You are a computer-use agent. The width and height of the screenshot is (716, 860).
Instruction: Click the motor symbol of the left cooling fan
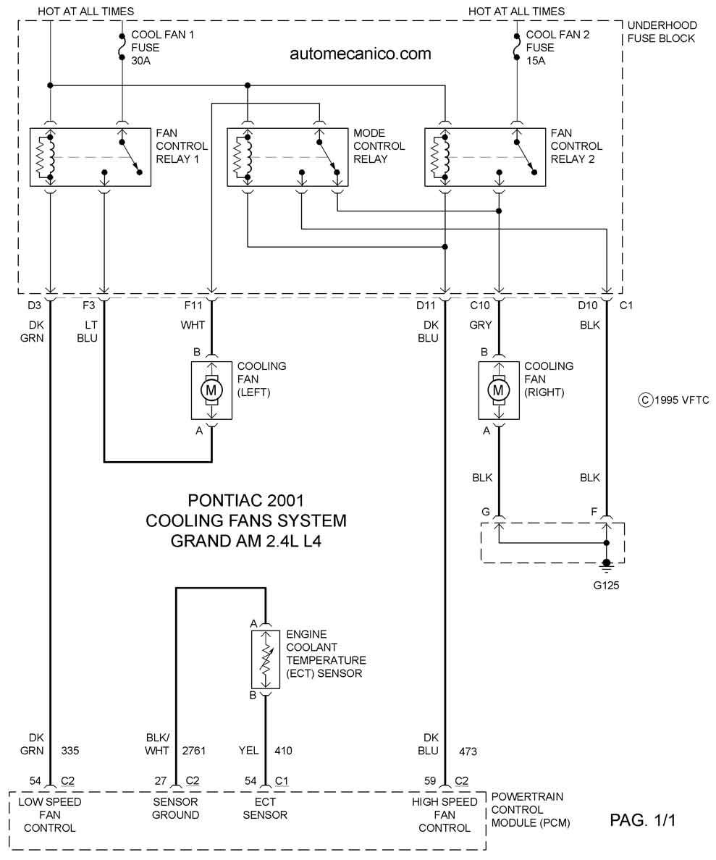[x=211, y=390]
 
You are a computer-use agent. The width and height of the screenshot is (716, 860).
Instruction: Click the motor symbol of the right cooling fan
[x=498, y=390]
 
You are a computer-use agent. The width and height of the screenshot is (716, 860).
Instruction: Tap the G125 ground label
[x=606, y=585]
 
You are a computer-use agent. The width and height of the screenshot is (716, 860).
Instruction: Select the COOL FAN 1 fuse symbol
[x=122, y=48]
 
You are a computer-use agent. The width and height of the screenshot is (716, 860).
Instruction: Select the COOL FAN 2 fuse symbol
[x=515, y=48]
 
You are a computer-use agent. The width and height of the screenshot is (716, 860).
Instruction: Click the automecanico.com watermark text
[x=361, y=54]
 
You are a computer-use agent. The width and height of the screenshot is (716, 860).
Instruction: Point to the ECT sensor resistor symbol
[x=266, y=659]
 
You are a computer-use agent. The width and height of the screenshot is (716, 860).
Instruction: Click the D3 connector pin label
[x=34, y=305]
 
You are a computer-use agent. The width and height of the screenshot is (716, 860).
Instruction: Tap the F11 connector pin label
[x=193, y=305]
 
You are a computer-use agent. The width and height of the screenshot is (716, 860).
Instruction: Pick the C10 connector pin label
[x=480, y=305]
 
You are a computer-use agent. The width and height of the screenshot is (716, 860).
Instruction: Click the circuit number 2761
[x=194, y=750]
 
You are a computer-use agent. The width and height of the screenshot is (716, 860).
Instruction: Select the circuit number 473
[x=468, y=751]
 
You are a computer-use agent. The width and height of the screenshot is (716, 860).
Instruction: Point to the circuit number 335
[x=70, y=750]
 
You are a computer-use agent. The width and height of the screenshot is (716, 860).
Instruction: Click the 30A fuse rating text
[x=140, y=61]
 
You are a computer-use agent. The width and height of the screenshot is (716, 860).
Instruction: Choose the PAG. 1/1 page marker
[x=642, y=820]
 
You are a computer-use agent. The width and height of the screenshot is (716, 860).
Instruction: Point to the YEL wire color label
[x=248, y=750]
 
